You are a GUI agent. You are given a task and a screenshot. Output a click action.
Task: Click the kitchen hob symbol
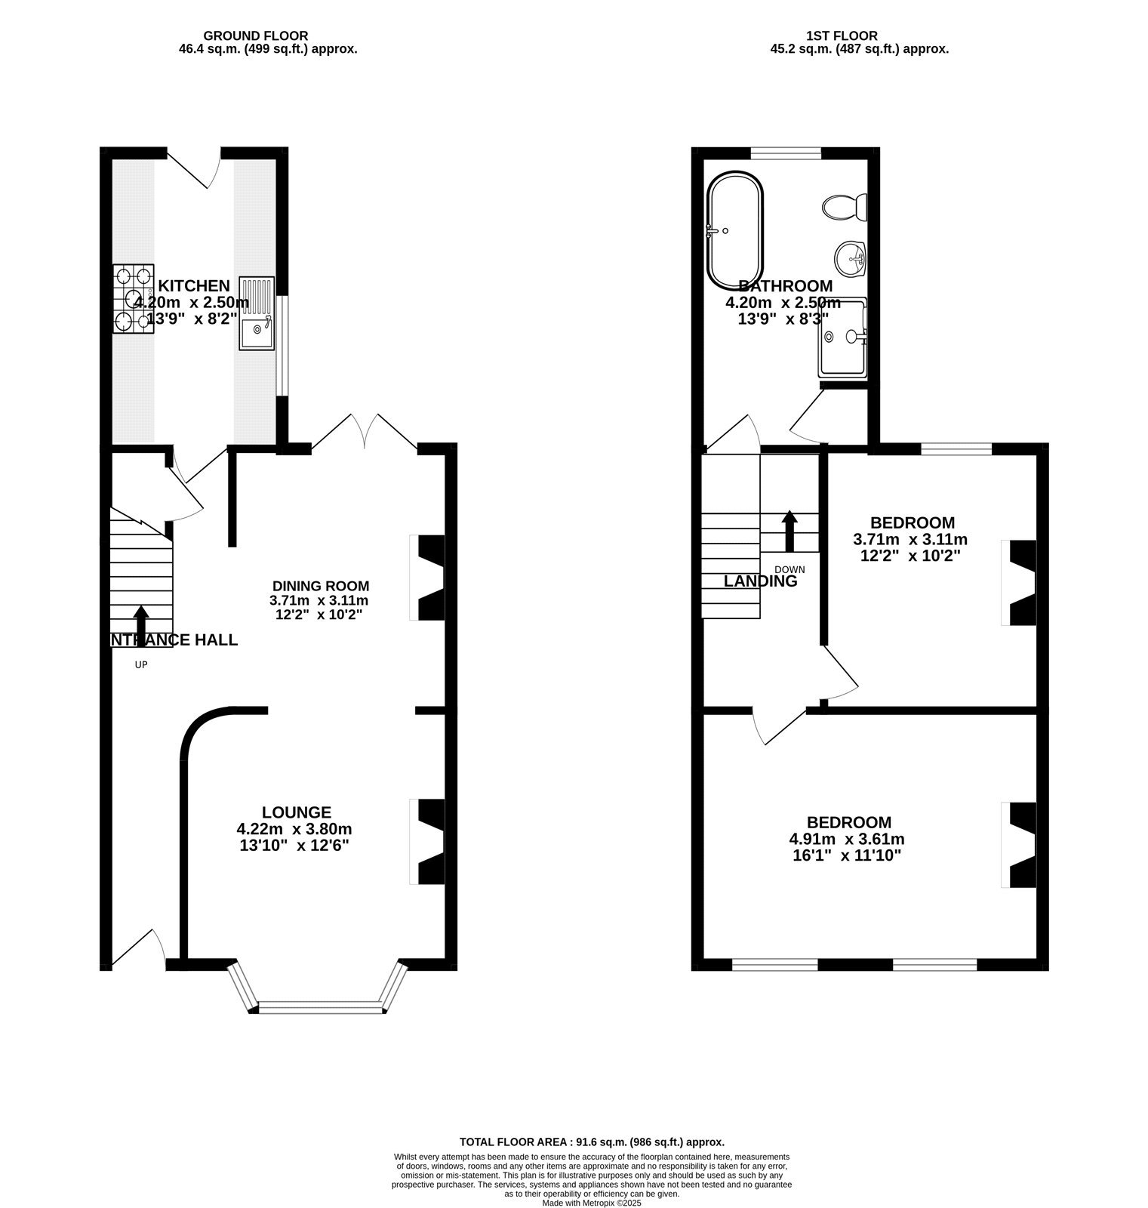pos(134,299)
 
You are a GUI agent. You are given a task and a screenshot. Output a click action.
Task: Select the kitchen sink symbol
pos(257,314)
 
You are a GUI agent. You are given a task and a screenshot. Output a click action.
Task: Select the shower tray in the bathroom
pos(843,337)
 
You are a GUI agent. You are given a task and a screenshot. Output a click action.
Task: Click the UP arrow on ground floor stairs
pos(140,624)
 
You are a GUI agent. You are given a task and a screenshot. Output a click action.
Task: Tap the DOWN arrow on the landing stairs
pos(789,531)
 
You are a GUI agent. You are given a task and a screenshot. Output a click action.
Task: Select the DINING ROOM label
pos(320,586)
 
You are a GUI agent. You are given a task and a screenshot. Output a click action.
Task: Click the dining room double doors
pos(365,433)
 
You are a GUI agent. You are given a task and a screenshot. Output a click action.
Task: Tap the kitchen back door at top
pos(194,168)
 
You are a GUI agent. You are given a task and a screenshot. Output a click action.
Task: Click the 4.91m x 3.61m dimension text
pos(846,840)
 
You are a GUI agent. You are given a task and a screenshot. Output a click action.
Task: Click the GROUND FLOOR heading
pos(255,35)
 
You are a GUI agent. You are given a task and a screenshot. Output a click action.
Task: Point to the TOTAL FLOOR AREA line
pos(592,1142)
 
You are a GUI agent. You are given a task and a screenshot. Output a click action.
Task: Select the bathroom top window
pos(786,154)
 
